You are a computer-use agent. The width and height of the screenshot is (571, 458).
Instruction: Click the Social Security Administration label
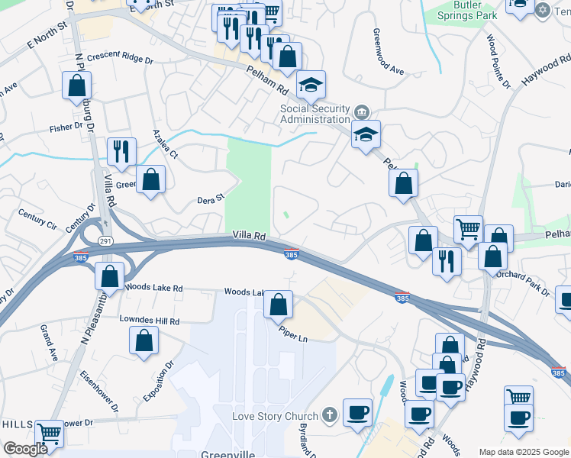tap(314, 114)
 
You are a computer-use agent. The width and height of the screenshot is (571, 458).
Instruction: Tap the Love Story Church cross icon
tap(329, 416)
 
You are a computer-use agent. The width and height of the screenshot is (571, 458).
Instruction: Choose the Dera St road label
tap(211, 199)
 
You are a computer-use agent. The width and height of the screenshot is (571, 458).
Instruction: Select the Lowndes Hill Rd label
tap(149, 321)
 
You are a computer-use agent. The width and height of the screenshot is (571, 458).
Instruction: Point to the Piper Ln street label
tap(293, 334)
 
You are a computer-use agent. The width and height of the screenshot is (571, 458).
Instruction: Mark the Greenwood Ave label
tap(388, 51)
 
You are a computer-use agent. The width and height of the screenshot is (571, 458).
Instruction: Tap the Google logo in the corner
tap(25, 449)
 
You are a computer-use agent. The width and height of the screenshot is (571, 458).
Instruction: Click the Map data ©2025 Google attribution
tap(523, 452)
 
